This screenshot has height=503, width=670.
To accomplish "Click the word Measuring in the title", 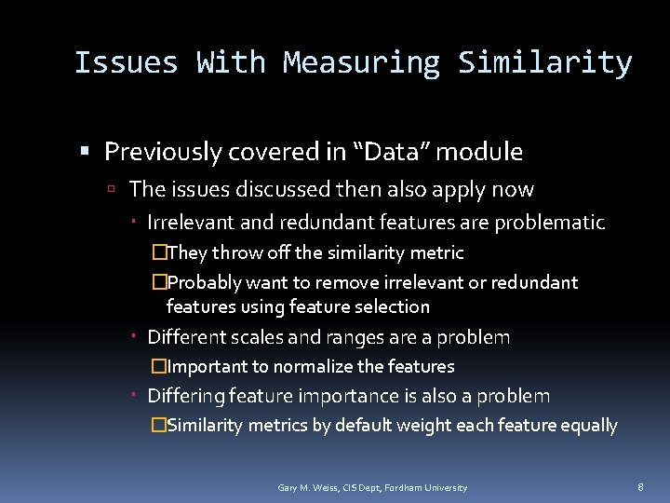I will click(361, 63).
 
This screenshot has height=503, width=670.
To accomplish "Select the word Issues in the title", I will click(126, 63).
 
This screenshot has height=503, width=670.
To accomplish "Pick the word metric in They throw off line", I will click(438, 252).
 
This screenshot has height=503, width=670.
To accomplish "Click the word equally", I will click(586, 426).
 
